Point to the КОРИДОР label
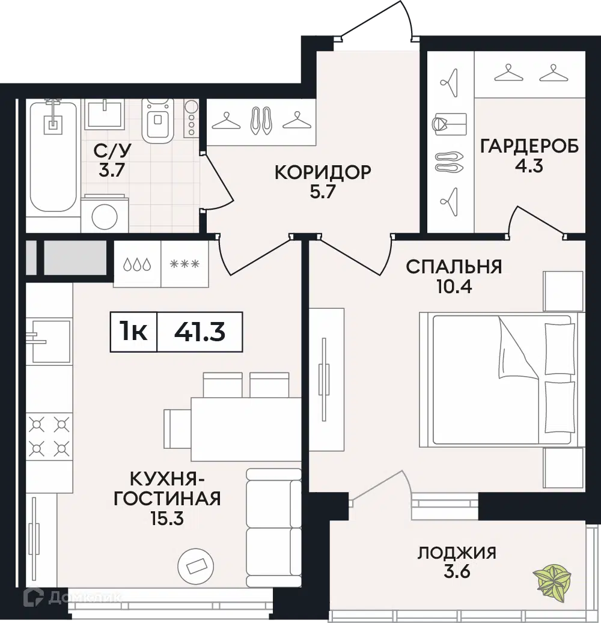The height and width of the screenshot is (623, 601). [x=323, y=172]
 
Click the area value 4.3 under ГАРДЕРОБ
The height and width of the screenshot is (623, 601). [x=529, y=165]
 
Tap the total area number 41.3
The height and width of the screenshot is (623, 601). [x=200, y=331]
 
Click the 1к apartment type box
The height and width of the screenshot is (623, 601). [x=133, y=331]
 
